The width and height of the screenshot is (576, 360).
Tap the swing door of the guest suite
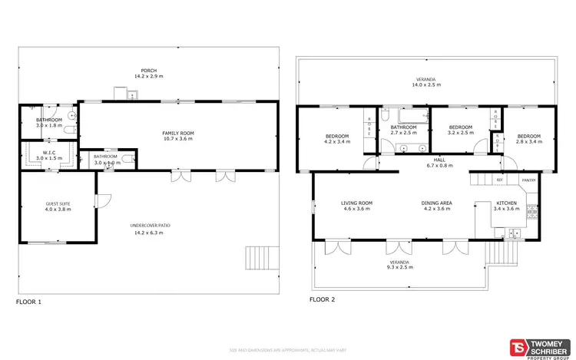tap(98, 200)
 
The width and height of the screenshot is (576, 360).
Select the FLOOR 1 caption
tap(29, 302)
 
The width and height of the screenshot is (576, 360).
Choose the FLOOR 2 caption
tap(323, 300)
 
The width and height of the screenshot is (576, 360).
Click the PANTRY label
tap(528, 180)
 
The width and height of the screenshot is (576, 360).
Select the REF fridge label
tap(499, 180)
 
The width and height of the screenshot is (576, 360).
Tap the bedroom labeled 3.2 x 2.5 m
tap(459, 130)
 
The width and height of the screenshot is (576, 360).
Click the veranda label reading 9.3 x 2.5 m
tap(398, 266)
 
